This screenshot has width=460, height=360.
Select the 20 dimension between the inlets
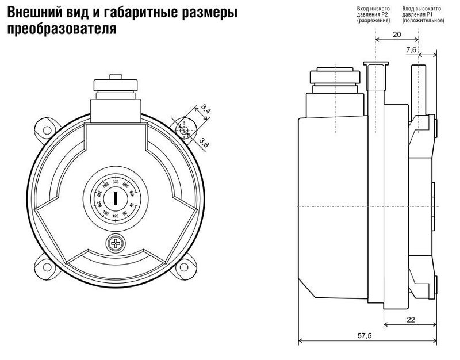point(397,34)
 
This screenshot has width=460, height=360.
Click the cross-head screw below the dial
point(116,243)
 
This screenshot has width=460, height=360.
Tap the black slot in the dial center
point(116,199)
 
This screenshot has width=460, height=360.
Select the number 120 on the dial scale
point(116,216)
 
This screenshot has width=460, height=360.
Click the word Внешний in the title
point(30,12)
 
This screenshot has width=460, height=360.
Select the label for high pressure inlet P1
point(423,15)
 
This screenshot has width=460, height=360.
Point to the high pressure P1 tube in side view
point(418,86)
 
